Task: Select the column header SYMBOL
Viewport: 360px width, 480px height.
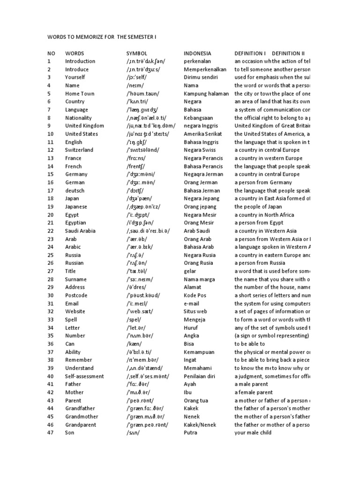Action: click(137, 53)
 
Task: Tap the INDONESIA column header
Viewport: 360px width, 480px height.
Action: click(197, 53)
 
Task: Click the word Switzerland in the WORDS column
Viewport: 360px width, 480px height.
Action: click(79, 150)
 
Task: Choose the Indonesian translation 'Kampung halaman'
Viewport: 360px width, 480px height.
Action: click(205, 94)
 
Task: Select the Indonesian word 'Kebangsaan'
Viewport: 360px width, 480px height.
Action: click(199, 118)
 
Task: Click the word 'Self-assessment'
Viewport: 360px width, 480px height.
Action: click(84, 376)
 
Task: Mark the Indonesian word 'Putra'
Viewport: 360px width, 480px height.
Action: click(191, 433)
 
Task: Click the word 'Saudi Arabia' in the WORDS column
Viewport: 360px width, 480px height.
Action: click(80, 231)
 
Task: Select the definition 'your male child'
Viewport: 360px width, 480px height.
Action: click(253, 433)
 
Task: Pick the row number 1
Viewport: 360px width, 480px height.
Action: click(49, 61)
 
